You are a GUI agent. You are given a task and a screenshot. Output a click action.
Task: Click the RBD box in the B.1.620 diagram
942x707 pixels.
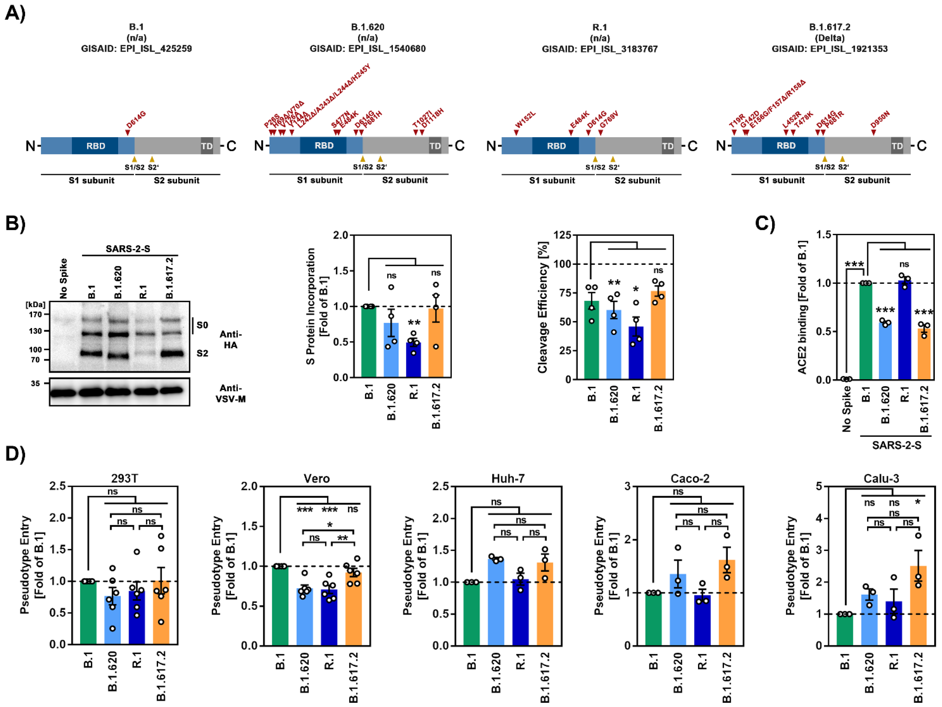pos(324,146)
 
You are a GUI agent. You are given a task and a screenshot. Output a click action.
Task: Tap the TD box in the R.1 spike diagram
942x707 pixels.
pos(667,146)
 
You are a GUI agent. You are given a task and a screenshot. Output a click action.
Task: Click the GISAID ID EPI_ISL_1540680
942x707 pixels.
pos(368,48)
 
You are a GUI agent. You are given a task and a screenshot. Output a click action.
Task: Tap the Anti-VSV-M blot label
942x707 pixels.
pos(230,393)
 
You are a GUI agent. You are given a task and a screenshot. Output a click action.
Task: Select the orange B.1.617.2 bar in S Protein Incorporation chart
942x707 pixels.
pos(436,342)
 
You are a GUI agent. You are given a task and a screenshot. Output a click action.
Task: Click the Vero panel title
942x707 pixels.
pos(316,479)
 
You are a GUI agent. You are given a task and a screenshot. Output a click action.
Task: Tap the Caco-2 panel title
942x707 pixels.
pos(690,479)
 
